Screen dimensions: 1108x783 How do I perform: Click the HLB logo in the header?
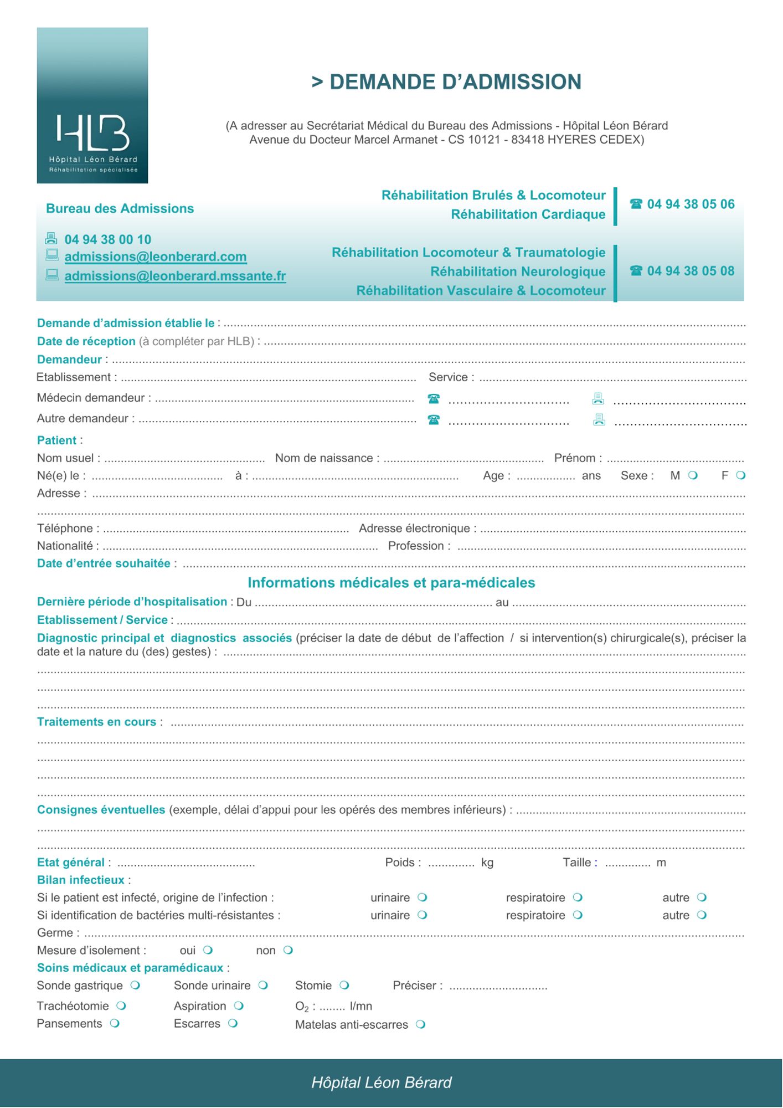coord(92,105)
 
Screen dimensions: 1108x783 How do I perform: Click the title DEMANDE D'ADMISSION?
coord(446,82)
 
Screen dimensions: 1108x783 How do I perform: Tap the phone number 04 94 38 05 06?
coord(690,204)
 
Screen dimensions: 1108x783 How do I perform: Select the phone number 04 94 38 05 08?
coord(690,271)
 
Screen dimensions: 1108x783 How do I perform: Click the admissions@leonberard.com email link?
coord(156,257)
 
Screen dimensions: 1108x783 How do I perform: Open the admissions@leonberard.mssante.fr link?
coord(175,276)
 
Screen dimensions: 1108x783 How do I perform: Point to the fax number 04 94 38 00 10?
coord(108,239)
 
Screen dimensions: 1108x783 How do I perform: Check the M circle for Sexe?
coord(693,475)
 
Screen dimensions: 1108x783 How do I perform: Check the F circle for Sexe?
coord(741,475)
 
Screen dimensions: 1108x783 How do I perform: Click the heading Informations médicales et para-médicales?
coord(391,583)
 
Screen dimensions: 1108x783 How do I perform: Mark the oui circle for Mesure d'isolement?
coord(208,950)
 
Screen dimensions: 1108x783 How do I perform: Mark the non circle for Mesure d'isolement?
coord(288,950)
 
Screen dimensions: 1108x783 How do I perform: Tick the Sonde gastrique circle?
coord(135,986)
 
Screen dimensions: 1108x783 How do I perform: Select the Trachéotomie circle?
coord(121,1006)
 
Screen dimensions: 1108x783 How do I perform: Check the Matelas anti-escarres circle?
coord(421,1024)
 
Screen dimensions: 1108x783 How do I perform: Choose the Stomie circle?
coord(344,986)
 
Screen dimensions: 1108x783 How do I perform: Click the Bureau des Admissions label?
coord(120,209)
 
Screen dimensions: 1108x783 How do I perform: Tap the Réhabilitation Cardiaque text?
coord(528,214)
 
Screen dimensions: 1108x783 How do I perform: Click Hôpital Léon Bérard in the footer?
coord(382,1083)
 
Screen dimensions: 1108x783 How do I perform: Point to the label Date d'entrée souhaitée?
coord(104,563)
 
